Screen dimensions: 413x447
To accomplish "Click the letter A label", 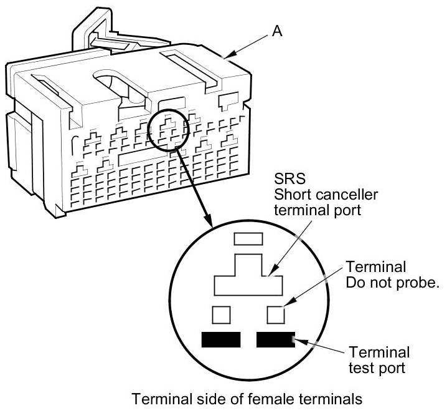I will coord(277,30).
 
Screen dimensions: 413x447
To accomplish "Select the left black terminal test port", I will coord(221,339).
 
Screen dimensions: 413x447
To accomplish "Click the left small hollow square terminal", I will coord(222,314).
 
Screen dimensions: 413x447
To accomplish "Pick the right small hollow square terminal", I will coord(276,314).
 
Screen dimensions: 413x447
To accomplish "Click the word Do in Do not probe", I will coord(354,284).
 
